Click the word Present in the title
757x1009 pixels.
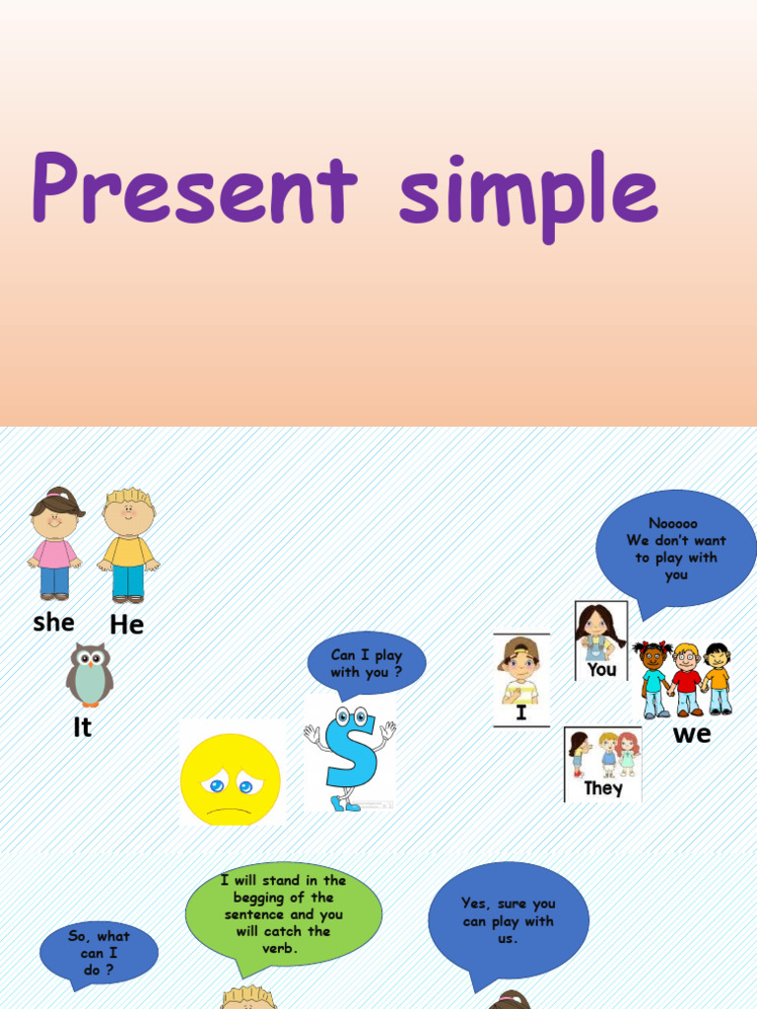pyautogui.click(x=193, y=187)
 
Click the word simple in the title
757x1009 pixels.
pyautogui.click(x=527, y=192)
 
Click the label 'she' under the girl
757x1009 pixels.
pyautogui.click(x=53, y=622)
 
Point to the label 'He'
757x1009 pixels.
pyautogui.click(x=127, y=624)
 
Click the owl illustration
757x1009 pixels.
pyautogui.click(x=89, y=675)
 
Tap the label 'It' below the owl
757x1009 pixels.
pyautogui.click(x=83, y=727)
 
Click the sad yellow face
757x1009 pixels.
pyautogui.click(x=231, y=779)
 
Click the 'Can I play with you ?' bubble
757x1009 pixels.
pyautogui.click(x=367, y=663)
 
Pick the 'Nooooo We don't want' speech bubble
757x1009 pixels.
pyautogui.click(x=675, y=549)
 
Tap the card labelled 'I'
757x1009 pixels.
pyautogui.click(x=520, y=680)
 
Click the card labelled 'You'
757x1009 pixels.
pyautogui.click(x=600, y=640)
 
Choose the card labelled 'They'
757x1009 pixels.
pyautogui.click(x=603, y=764)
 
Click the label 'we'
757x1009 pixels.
pyautogui.click(x=691, y=734)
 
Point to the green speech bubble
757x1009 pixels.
pyautogui.click(x=283, y=913)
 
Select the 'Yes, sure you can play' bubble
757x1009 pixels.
pyautogui.click(x=508, y=920)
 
